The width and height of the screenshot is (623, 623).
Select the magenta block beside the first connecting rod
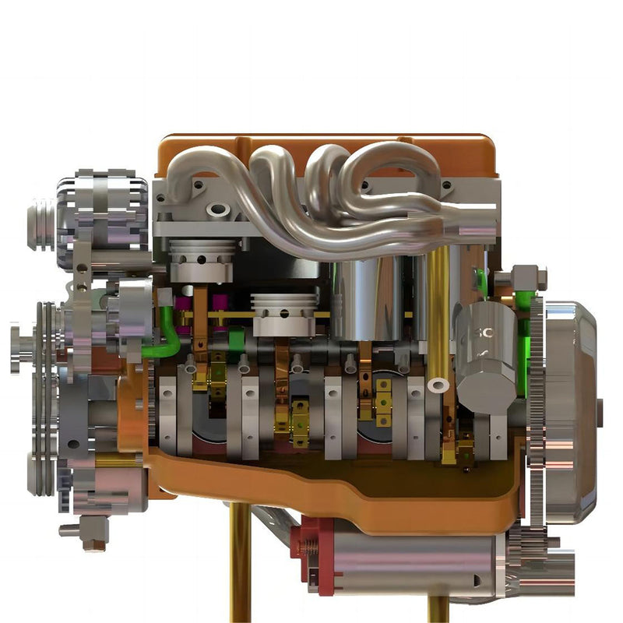184,303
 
